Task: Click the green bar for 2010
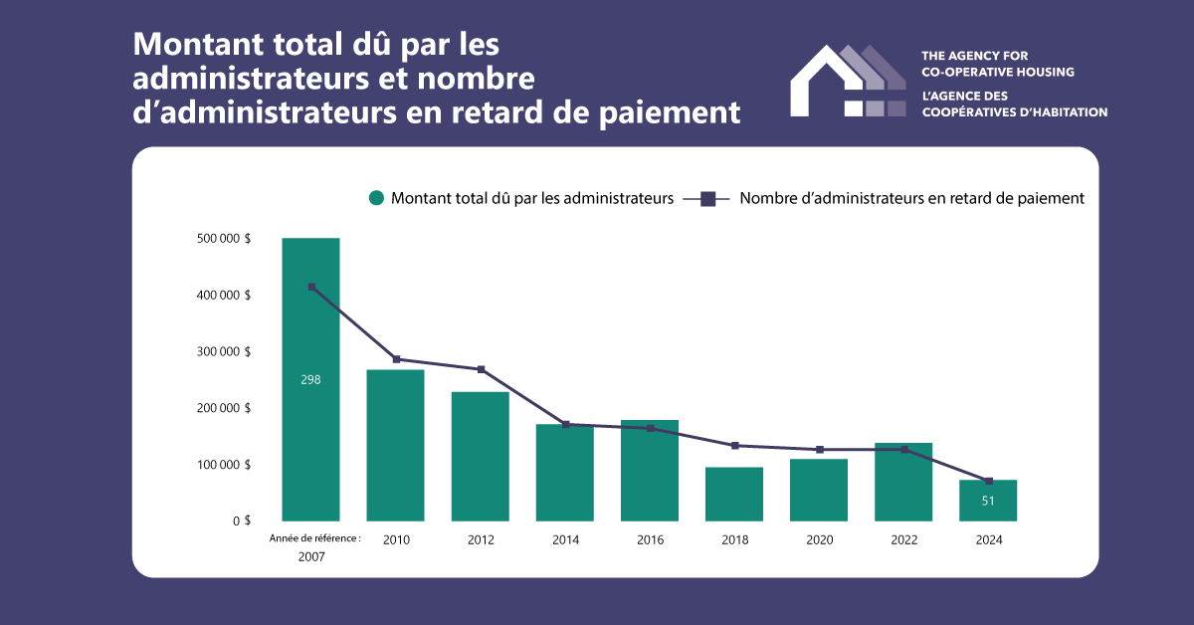pos(395,445)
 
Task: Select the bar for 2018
pos(734,494)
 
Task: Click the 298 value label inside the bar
pos(310,379)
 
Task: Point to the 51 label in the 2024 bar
pos(988,501)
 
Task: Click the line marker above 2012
pos(481,369)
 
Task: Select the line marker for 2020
pos(819,450)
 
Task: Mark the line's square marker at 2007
pos(311,287)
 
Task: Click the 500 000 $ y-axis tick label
pos(223,239)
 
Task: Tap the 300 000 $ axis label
pos(223,351)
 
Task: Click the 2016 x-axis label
pos(650,539)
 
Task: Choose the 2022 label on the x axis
pos(903,539)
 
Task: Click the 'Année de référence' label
pos(314,537)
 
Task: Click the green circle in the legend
pos(376,198)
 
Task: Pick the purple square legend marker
pos(708,198)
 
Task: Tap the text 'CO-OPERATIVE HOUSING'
pos(999,72)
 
